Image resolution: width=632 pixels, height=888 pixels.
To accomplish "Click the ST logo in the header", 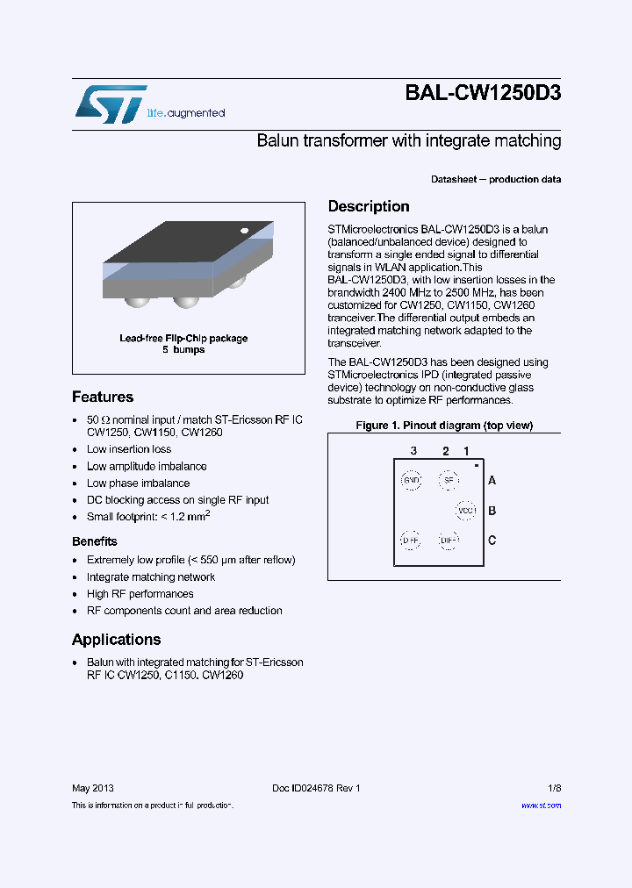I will (110, 104).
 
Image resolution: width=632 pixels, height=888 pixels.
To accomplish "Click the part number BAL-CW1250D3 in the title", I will (483, 94).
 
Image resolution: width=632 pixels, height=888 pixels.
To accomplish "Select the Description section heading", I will (369, 207).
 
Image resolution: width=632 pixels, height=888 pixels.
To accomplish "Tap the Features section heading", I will (103, 397).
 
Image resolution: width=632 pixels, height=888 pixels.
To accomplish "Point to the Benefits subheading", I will (94, 541).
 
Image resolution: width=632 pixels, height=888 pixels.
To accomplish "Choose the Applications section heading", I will (116, 640).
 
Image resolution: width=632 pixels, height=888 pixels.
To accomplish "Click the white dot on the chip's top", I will (244, 231).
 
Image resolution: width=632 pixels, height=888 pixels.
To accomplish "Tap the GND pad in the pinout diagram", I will (411, 480).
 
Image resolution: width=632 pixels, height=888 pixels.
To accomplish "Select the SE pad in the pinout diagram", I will (449, 480).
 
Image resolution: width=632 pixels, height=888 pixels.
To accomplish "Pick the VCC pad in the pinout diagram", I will (466, 511).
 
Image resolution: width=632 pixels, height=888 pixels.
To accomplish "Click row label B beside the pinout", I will (492, 511).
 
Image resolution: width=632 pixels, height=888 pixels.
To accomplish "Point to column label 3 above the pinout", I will (413, 451).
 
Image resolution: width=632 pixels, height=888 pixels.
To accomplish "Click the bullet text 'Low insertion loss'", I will (129, 449).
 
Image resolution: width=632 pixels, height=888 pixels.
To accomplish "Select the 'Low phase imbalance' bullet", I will (138, 483).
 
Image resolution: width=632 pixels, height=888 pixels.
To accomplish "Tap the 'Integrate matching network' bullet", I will (151, 576).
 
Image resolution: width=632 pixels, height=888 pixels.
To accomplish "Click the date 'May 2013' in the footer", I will (92, 788).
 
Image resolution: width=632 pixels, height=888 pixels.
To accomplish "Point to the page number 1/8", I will (554, 788).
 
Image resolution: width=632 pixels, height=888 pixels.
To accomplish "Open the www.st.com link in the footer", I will (541, 805).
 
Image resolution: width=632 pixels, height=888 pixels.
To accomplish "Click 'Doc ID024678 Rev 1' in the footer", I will (316, 788).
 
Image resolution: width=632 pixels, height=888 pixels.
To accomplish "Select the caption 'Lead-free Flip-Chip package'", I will (183, 338).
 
